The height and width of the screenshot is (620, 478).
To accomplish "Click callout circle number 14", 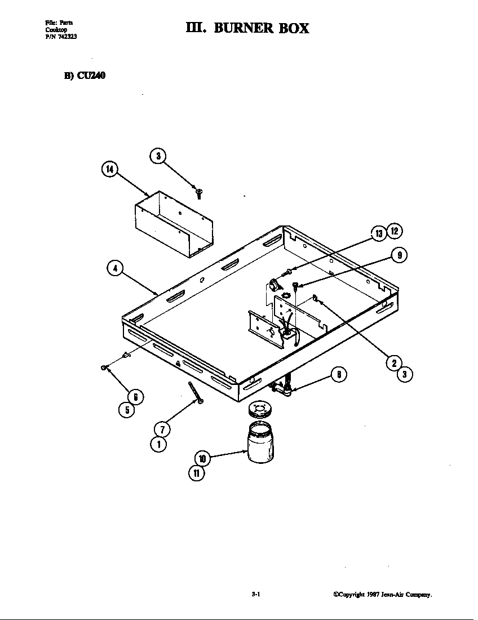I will click(x=109, y=169).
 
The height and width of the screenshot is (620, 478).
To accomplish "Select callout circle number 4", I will click(x=115, y=269).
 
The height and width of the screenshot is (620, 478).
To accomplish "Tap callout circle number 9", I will click(x=399, y=255).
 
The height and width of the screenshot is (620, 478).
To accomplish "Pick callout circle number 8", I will click(x=338, y=375).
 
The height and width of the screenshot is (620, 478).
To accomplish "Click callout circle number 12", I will click(x=395, y=231).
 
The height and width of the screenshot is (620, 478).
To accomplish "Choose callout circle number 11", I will click(x=196, y=473).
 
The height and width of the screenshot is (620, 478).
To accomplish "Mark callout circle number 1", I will click(x=158, y=444).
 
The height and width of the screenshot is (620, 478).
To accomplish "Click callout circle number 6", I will click(x=135, y=397).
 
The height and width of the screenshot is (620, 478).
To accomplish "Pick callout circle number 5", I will click(x=127, y=410).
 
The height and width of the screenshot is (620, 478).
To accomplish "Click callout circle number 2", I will click(x=394, y=362).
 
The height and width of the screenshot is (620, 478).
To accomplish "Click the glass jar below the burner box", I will click(x=261, y=444).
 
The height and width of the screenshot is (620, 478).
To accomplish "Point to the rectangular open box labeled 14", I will click(x=174, y=224).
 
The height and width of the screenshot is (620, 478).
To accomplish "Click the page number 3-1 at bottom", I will click(x=255, y=595).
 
